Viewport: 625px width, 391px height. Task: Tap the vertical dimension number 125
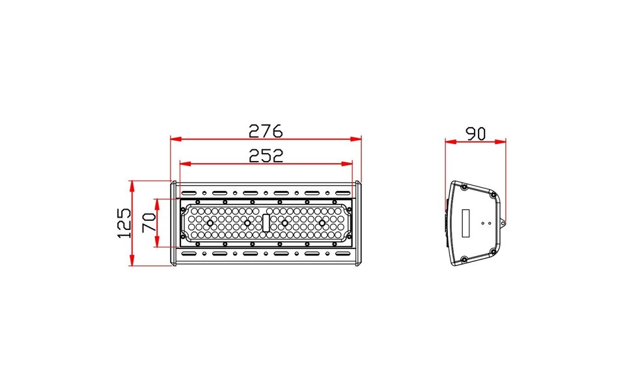point(124,223)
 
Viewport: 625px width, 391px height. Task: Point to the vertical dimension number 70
point(148,223)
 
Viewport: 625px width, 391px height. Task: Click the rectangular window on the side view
point(466,223)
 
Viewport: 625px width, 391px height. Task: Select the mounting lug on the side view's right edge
point(503,222)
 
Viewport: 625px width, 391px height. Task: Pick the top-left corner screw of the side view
point(463,187)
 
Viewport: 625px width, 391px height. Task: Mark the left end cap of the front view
point(173,223)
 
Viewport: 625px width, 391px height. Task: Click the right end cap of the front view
point(358,223)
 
